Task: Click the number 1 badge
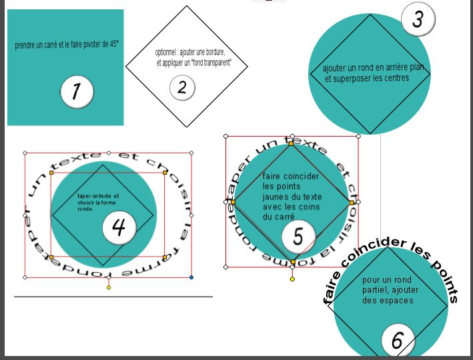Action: [76, 91]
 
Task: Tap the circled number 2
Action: [181, 87]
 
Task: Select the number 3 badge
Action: [418, 19]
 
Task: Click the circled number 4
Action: [119, 227]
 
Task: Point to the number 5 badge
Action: [298, 236]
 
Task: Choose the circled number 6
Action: [398, 341]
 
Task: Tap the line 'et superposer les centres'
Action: [367, 78]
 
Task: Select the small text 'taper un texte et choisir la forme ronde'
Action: [97, 202]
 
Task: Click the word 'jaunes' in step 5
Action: [275, 197]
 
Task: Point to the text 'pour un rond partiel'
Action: [387, 285]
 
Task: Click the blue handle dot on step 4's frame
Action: [191, 277]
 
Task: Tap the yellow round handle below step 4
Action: [109, 287]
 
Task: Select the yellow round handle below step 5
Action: [292, 279]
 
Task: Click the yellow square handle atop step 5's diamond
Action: [291, 142]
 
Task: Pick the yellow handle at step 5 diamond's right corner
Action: [351, 202]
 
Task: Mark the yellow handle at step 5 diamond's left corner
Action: [233, 201]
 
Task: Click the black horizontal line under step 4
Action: [113, 296]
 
